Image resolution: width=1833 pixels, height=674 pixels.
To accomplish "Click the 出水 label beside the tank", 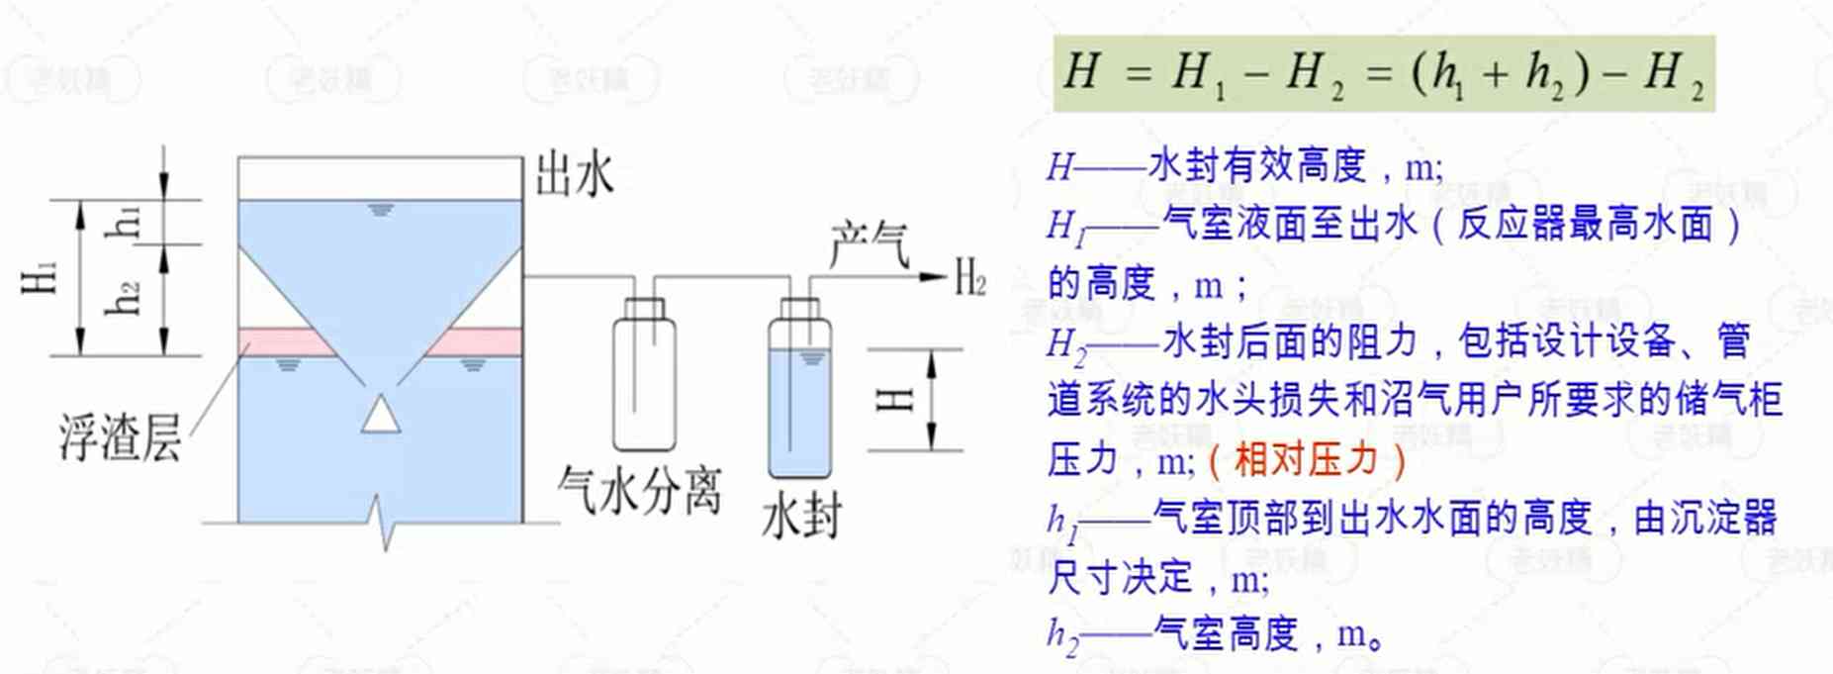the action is [574, 177].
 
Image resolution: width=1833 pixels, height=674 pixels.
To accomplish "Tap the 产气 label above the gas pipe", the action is [869, 244].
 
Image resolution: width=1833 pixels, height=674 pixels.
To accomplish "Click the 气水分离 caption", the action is [639, 490].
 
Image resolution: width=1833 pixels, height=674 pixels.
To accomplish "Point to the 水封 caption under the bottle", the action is [801, 517].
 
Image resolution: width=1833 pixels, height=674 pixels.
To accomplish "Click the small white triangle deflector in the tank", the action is [381, 415].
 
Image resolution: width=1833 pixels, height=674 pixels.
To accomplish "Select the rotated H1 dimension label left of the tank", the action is [41, 278].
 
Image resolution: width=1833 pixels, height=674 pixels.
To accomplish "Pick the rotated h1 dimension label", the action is [125, 222].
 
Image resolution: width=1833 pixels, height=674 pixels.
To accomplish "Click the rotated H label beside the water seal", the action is [895, 399].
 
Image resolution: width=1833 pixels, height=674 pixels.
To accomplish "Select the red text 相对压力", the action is [1306, 459].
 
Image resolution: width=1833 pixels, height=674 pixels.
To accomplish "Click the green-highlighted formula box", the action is [1383, 74].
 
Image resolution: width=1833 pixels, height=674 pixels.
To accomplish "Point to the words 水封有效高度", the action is [1257, 165].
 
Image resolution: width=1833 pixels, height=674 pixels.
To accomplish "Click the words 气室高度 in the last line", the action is [1227, 632].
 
